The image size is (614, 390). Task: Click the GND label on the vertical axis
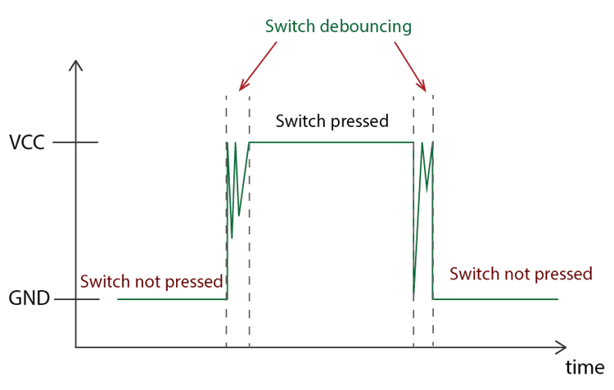(x=29, y=300)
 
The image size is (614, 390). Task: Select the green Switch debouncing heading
(x=338, y=25)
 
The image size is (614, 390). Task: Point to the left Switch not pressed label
(x=151, y=281)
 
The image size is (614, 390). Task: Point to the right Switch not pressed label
(x=521, y=274)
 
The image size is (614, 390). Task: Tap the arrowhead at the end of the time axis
(x=561, y=347)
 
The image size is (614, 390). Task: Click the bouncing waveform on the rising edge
(x=235, y=188)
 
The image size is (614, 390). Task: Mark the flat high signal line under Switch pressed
(x=332, y=143)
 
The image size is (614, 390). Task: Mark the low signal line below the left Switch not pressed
(x=172, y=300)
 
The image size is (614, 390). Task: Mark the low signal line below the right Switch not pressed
(x=495, y=300)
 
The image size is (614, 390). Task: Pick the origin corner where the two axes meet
(x=76, y=347)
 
